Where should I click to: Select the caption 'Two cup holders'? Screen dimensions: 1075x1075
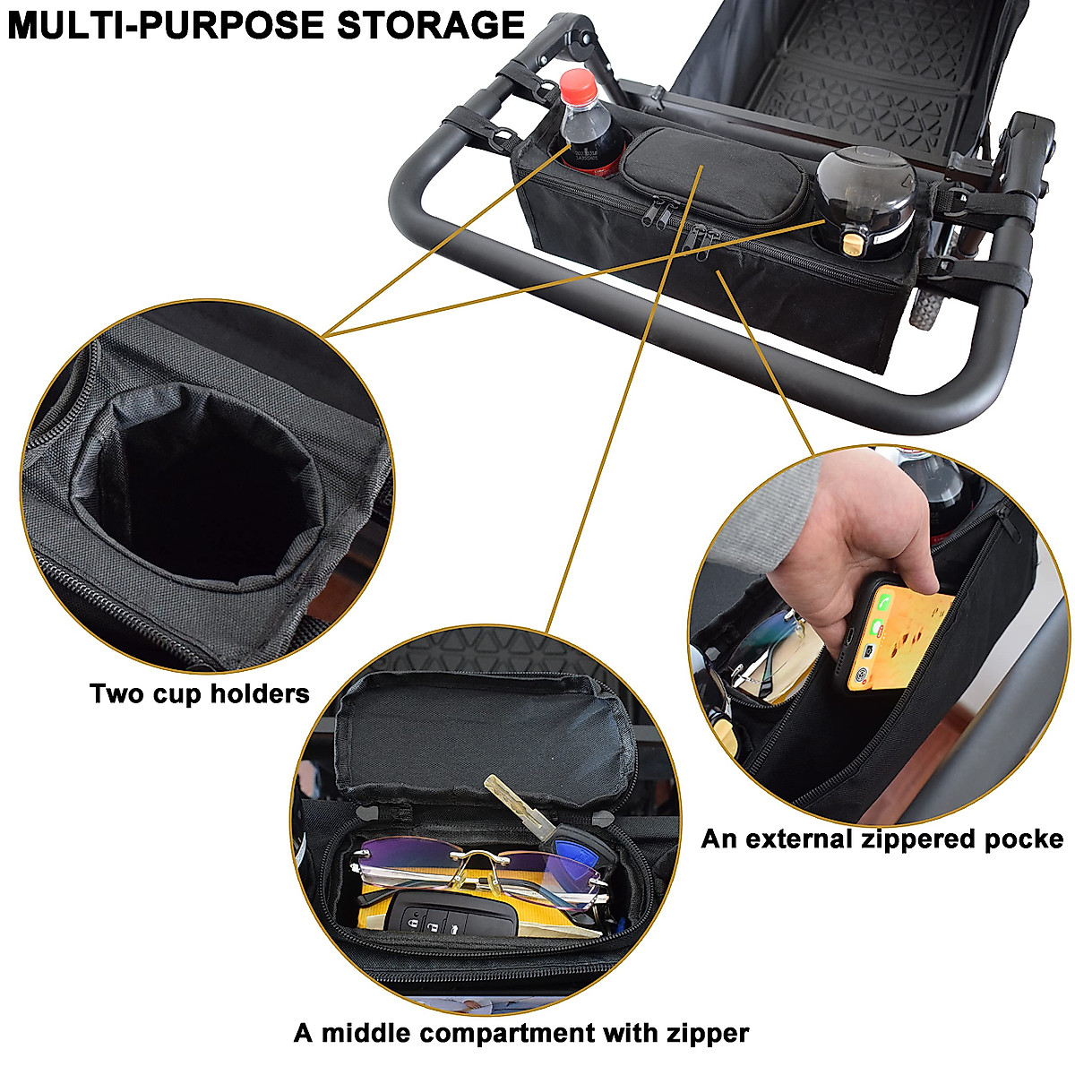point(199,692)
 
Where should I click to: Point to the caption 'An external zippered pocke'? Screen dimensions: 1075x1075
point(881,838)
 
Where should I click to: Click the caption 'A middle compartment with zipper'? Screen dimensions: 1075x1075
point(520,1033)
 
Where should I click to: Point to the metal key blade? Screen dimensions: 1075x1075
point(515,807)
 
